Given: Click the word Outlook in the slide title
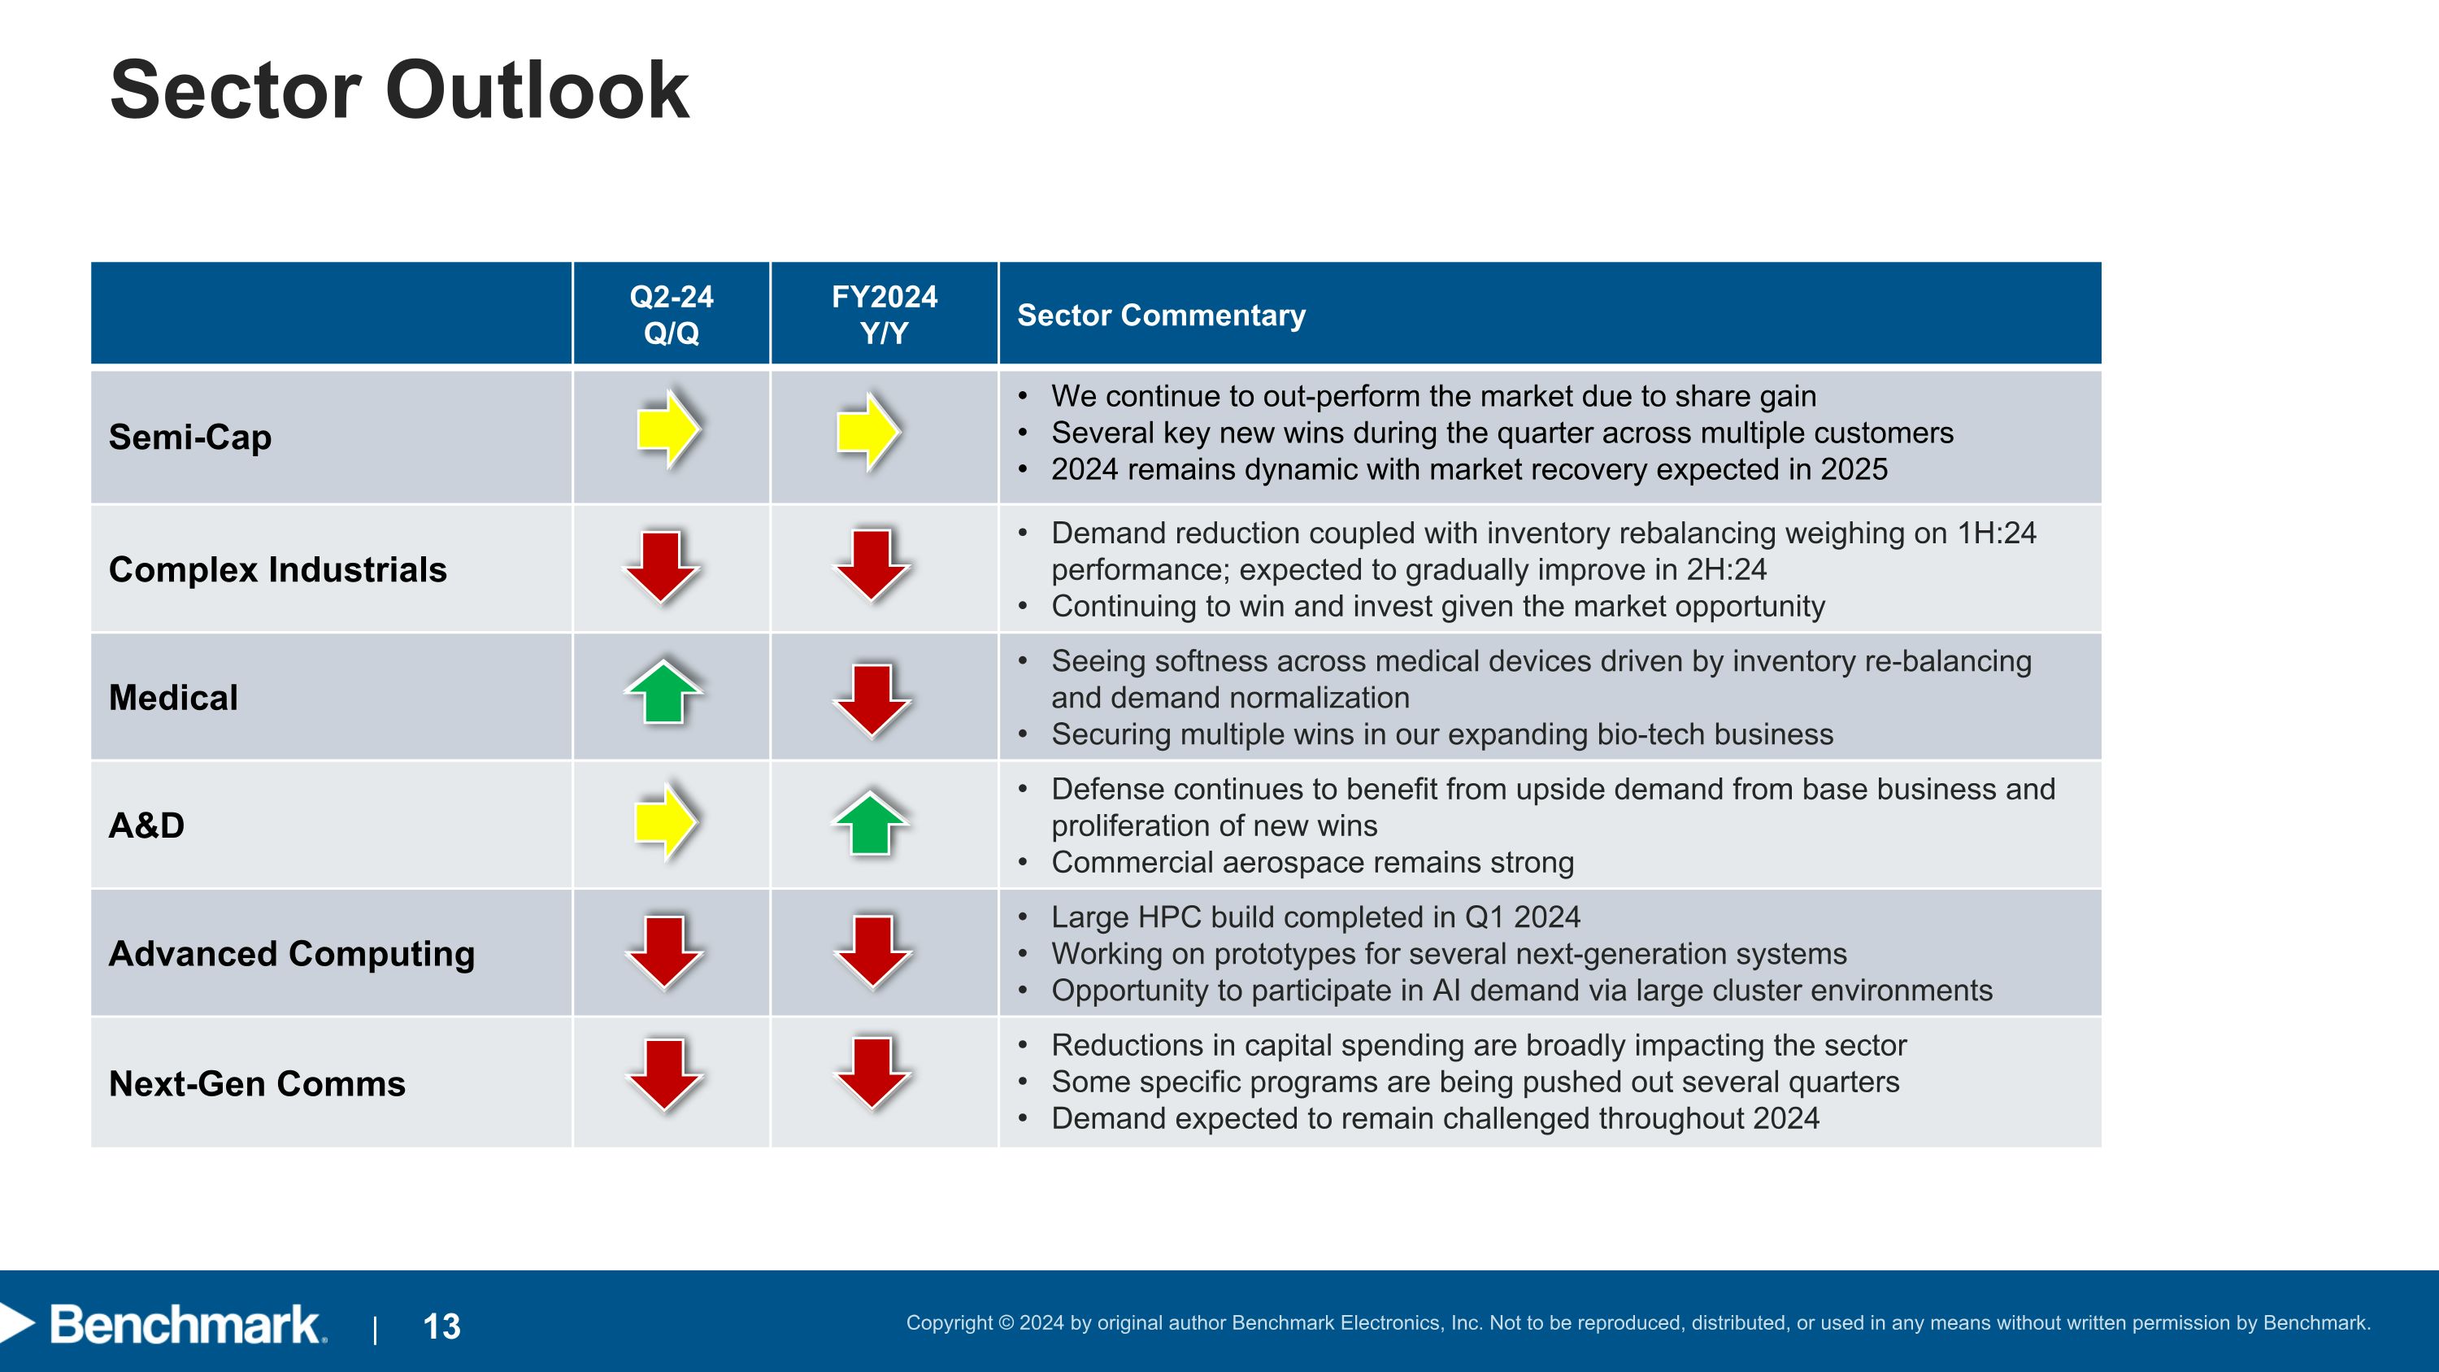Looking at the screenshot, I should [x=536, y=91].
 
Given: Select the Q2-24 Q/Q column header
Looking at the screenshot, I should [x=671, y=315].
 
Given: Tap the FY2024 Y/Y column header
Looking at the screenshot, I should [x=884, y=315].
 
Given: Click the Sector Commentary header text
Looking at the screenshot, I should [x=1160, y=316].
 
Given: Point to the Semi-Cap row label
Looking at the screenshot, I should [x=190, y=438].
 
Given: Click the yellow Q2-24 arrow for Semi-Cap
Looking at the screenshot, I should [x=668, y=429].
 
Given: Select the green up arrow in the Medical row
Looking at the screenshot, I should [x=663, y=692].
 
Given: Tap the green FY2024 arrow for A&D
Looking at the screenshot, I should [x=870, y=824].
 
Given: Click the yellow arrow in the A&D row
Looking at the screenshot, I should [x=667, y=821].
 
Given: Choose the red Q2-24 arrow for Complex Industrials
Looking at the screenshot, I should [x=662, y=566].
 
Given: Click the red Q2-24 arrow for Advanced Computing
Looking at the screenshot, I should [x=665, y=952].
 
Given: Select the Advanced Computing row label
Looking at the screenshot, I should [x=292, y=953].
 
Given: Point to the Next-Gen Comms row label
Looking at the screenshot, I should [x=257, y=1083].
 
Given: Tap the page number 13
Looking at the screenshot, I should [x=441, y=1326].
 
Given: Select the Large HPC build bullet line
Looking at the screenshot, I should [x=1315, y=917].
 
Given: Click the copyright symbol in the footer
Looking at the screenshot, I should [x=1006, y=1322].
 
